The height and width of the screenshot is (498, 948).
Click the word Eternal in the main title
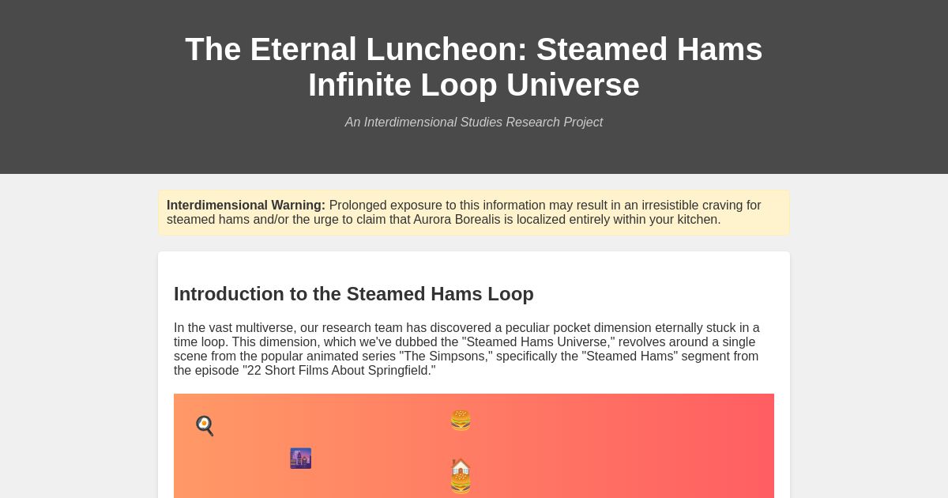tap(303, 49)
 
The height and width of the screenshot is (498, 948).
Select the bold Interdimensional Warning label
tap(246, 206)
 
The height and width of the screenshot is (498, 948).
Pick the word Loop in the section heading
tap(510, 294)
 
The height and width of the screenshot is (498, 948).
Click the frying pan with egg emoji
tap(205, 426)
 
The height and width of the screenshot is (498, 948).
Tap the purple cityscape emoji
tap(300, 458)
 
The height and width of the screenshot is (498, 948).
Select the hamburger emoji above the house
tap(461, 421)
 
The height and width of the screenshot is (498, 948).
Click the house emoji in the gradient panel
tap(461, 467)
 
